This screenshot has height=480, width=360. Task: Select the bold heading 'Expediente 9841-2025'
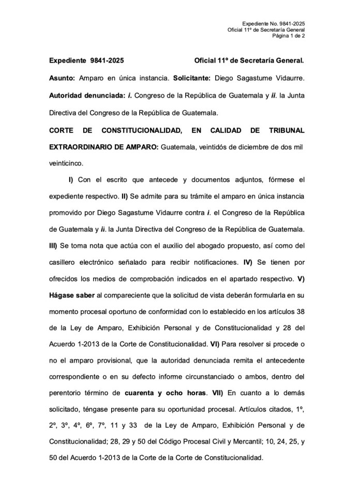coord(86,61)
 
